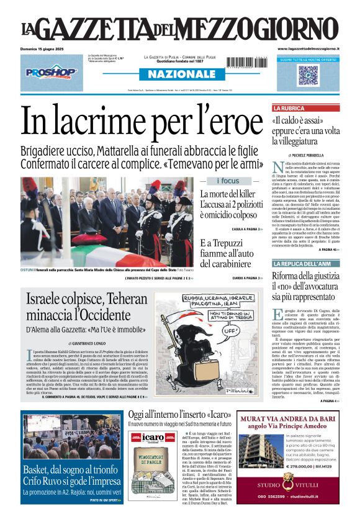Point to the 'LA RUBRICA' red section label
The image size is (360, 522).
(x=287, y=108)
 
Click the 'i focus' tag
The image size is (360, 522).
(x=228, y=181)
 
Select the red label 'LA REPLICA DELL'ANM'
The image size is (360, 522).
(x=297, y=264)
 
